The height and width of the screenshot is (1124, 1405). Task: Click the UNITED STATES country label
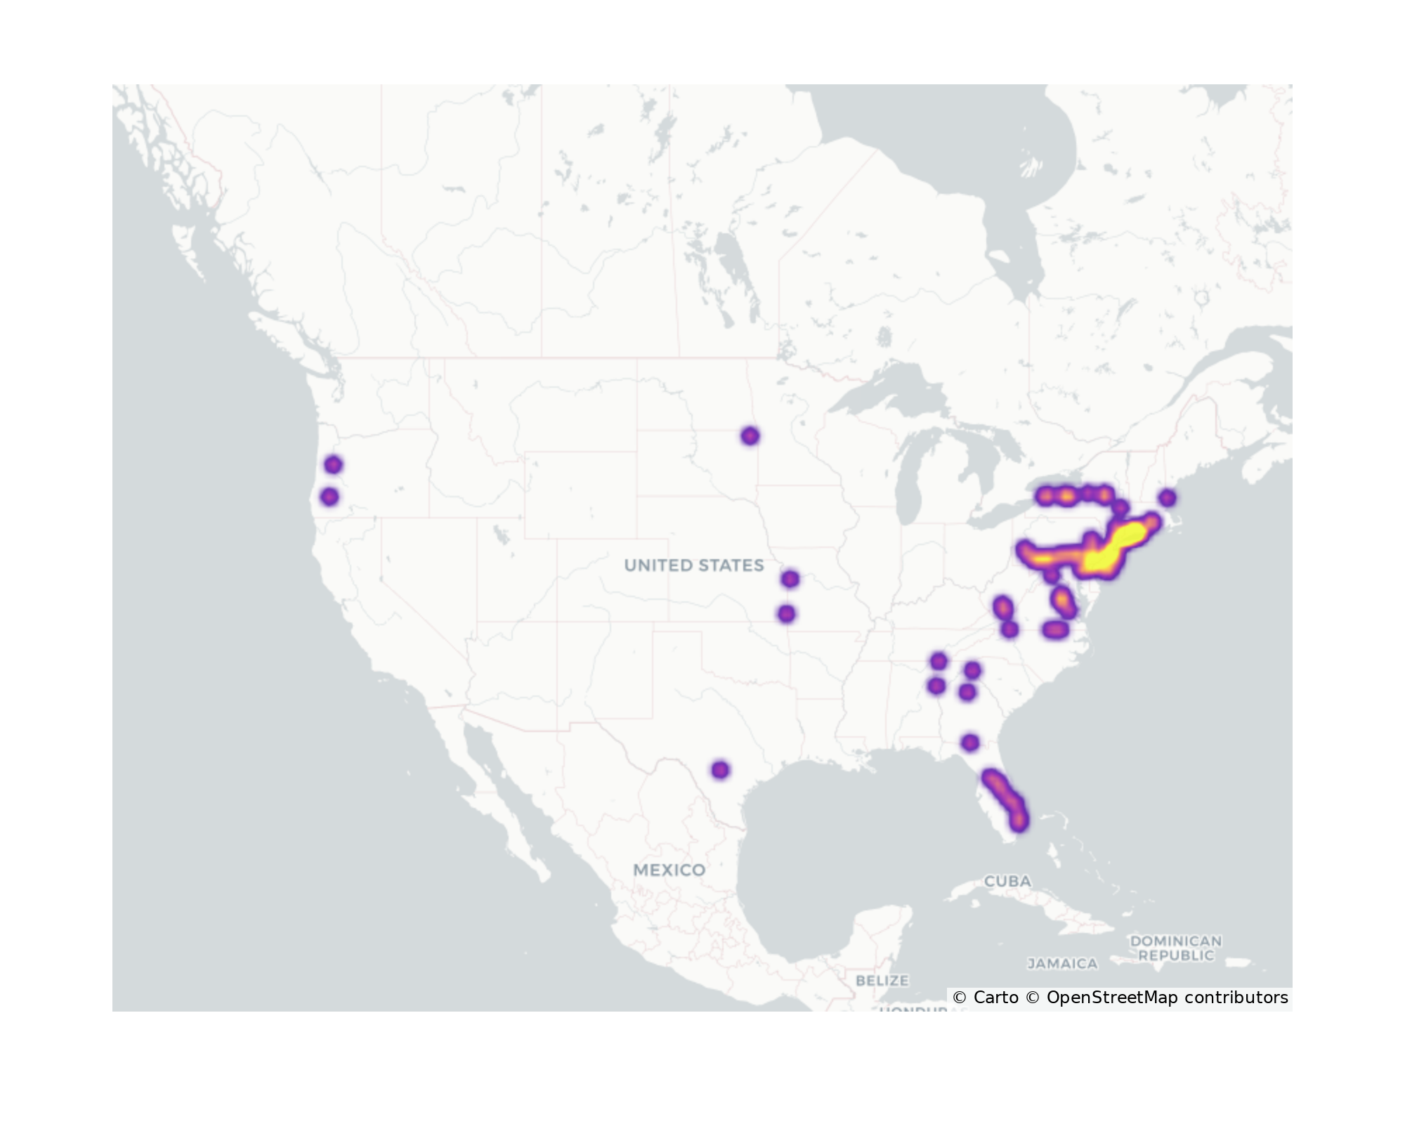pyautogui.click(x=693, y=566)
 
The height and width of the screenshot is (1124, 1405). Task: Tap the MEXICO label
pyautogui.click(x=669, y=870)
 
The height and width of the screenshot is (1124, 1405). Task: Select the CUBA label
pyautogui.click(x=1007, y=881)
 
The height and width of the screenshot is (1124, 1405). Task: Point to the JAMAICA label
pyautogui.click(x=1062, y=964)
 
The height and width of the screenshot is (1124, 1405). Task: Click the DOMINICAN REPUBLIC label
pyautogui.click(x=1175, y=948)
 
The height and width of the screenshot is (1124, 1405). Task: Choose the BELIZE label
pyautogui.click(x=882, y=980)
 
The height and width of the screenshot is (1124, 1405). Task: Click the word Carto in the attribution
pyautogui.click(x=995, y=998)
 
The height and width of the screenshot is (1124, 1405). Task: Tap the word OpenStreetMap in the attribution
pyautogui.click(x=1112, y=998)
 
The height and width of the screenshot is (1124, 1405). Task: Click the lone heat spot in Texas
pyautogui.click(x=720, y=770)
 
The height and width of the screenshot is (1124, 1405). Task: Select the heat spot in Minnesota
pyautogui.click(x=750, y=436)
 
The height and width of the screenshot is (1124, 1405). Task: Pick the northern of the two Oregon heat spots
pyautogui.click(x=333, y=464)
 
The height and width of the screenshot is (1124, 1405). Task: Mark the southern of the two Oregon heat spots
pyautogui.click(x=329, y=497)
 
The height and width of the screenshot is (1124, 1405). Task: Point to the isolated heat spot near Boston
pyautogui.click(x=1167, y=498)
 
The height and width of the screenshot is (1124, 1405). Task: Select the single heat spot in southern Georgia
pyautogui.click(x=970, y=743)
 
